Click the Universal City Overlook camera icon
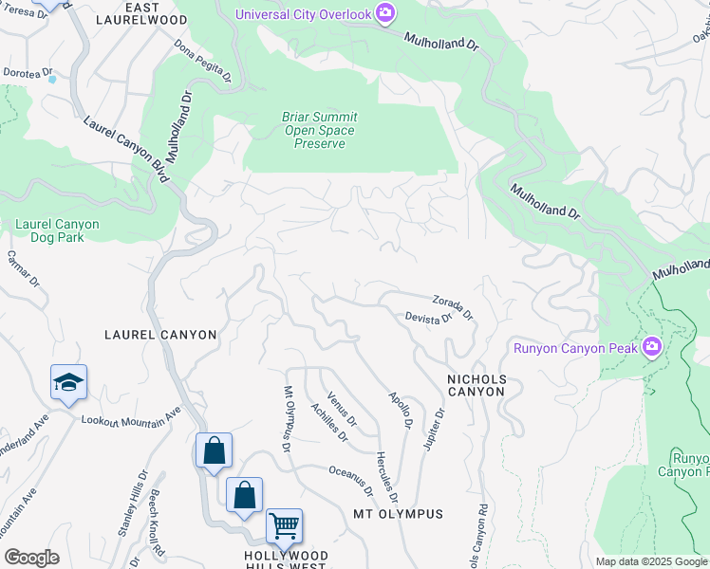(385, 13)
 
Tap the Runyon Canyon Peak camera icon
(651, 347)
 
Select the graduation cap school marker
(68, 382)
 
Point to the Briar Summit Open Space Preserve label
(318, 131)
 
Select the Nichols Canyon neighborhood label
(476, 386)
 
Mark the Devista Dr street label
(428, 320)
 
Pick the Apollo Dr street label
(400, 409)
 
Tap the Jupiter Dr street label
(434, 430)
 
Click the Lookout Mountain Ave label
(130, 417)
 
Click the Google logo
(31, 558)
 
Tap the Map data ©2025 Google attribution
(652, 561)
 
